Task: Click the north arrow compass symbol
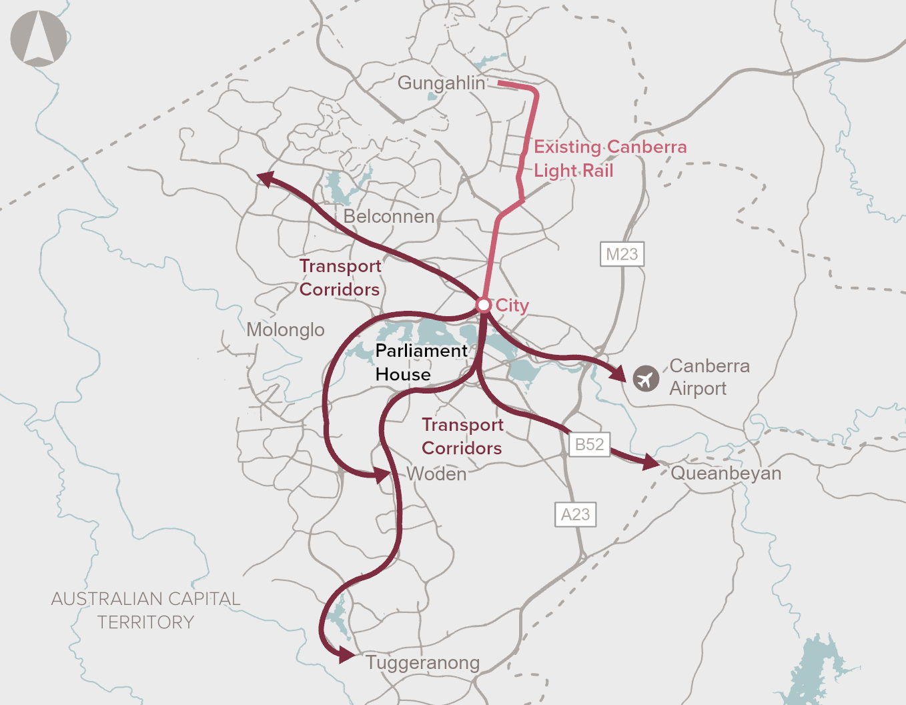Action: click(39, 38)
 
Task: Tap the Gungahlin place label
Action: click(441, 83)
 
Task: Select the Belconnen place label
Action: click(389, 216)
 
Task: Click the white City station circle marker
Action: click(484, 305)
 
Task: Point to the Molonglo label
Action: click(286, 329)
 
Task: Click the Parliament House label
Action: click(421, 362)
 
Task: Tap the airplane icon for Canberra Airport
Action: click(645, 379)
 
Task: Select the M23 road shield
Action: click(622, 254)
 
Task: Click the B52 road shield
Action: click(589, 444)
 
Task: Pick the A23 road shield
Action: click(575, 514)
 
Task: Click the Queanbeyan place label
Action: click(726, 474)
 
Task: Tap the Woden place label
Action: click(436, 474)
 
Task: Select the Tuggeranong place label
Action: click(422, 663)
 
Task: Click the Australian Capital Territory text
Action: click(145, 610)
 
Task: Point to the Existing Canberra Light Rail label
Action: click(610, 159)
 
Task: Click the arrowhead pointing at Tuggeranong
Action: click(346, 655)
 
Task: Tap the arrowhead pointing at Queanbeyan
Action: click(650, 462)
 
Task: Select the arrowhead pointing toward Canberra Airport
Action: click(618, 374)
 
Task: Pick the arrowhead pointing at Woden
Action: click(382, 475)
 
